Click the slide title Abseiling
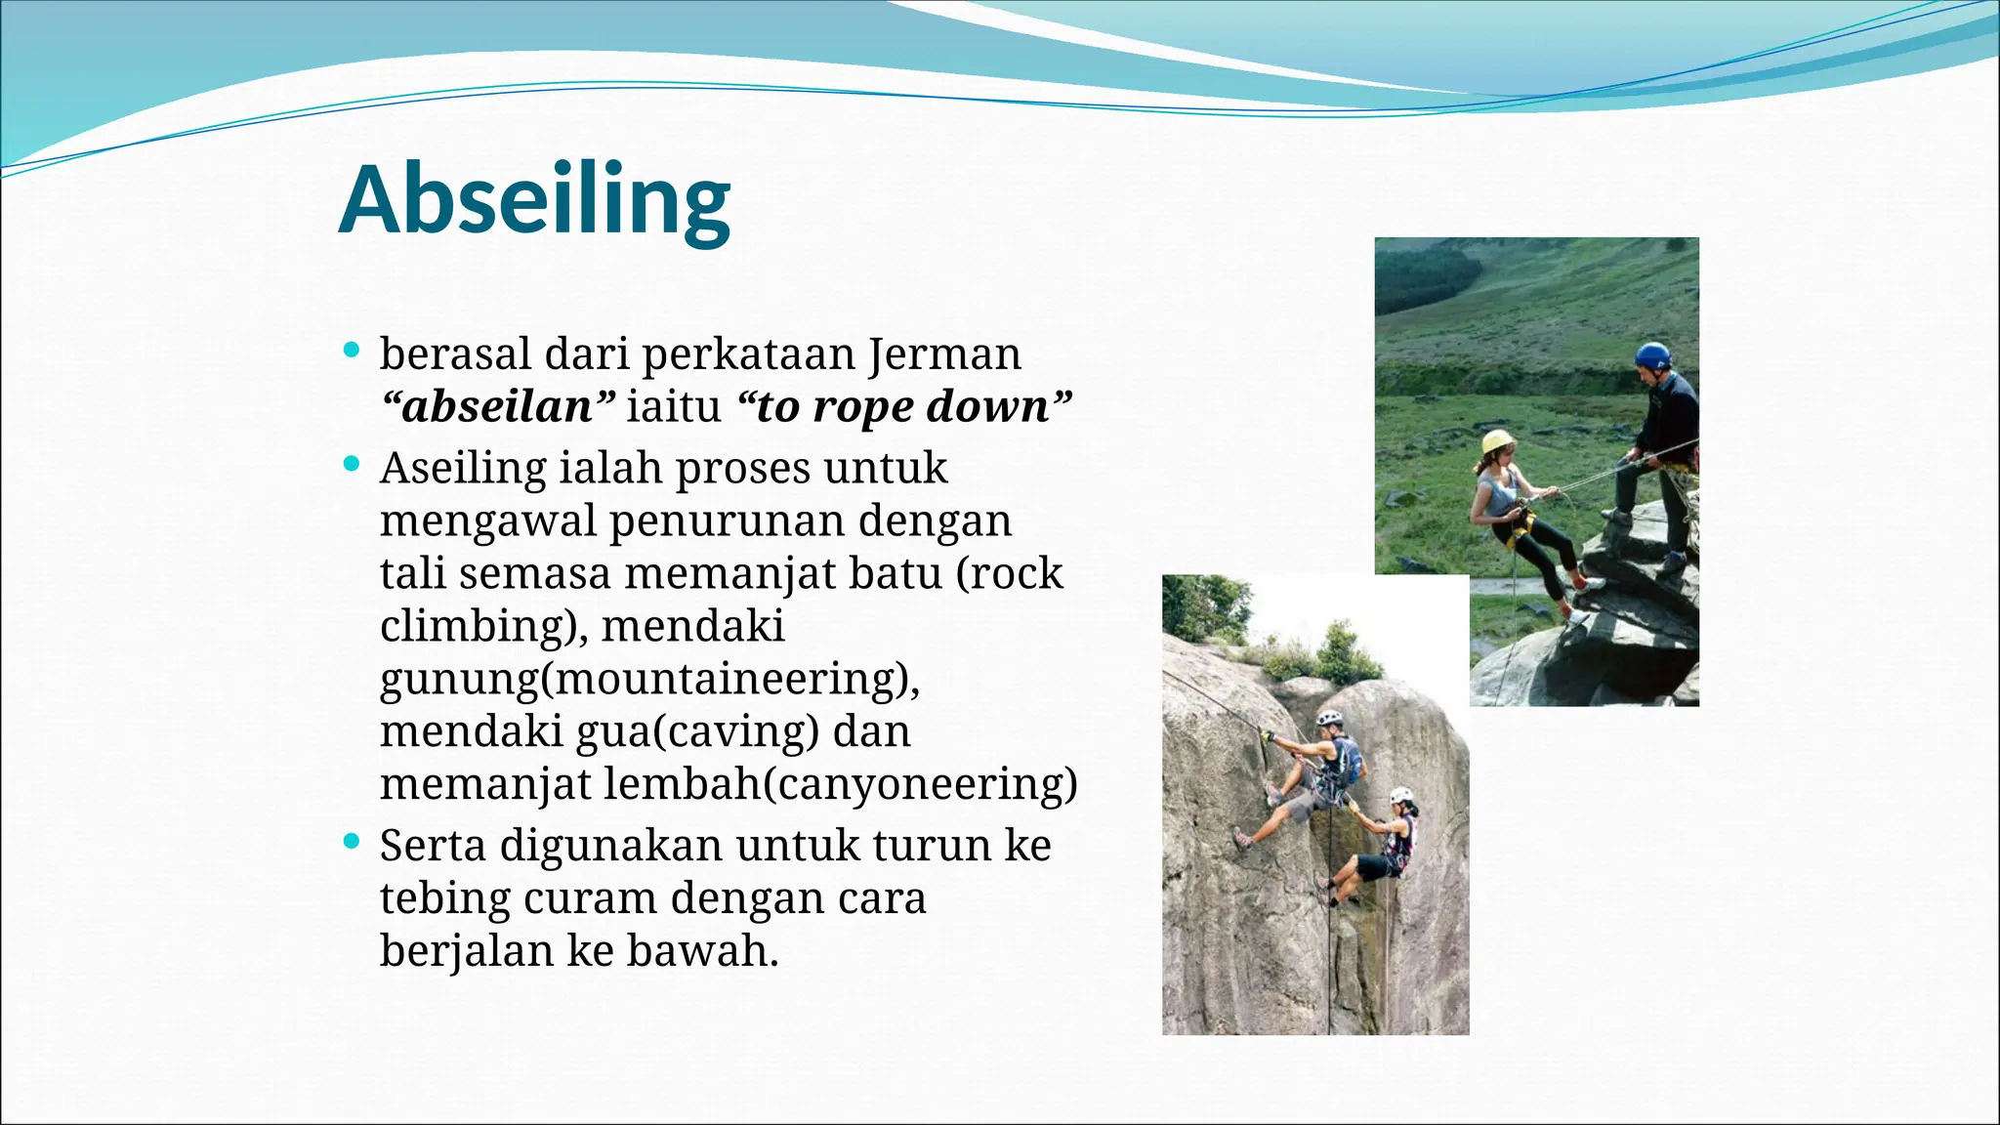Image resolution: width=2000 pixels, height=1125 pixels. tap(534, 200)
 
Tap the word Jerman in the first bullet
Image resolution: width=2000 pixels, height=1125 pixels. tap(944, 354)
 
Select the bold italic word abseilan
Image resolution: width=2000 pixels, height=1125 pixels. tap(498, 406)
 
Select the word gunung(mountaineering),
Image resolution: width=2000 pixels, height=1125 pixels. tap(649, 679)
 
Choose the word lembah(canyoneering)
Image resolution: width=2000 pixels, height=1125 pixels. tap(840, 783)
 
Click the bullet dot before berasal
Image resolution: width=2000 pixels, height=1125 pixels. tap(353, 350)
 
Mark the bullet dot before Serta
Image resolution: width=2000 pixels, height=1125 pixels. tap(353, 841)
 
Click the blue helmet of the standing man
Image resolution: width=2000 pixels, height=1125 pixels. tap(1652, 354)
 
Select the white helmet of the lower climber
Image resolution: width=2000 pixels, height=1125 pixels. tap(1401, 795)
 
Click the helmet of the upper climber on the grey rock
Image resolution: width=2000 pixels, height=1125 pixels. tap(1329, 718)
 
